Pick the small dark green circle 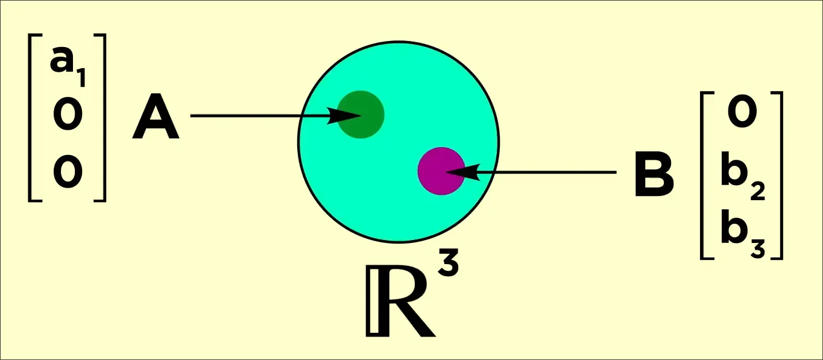coord(361,115)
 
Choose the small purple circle coord(442,171)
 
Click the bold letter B coord(654,175)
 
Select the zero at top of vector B coord(742,115)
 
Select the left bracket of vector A coord(34,117)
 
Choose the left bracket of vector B coord(705,175)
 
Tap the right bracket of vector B coord(777,175)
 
